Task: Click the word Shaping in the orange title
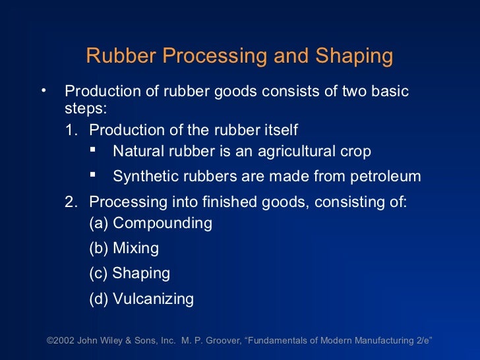click(x=356, y=57)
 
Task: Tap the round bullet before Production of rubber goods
click(x=44, y=88)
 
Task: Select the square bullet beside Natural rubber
click(x=93, y=150)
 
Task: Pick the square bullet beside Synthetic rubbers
click(x=93, y=175)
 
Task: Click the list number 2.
click(x=70, y=202)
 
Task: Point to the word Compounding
click(x=162, y=224)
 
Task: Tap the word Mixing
click(x=136, y=249)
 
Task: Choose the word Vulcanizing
click(x=153, y=299)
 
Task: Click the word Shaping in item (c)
click(x=141, y=274)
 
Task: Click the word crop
click(x=356, y=152)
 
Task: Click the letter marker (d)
click(x=99, y=299)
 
